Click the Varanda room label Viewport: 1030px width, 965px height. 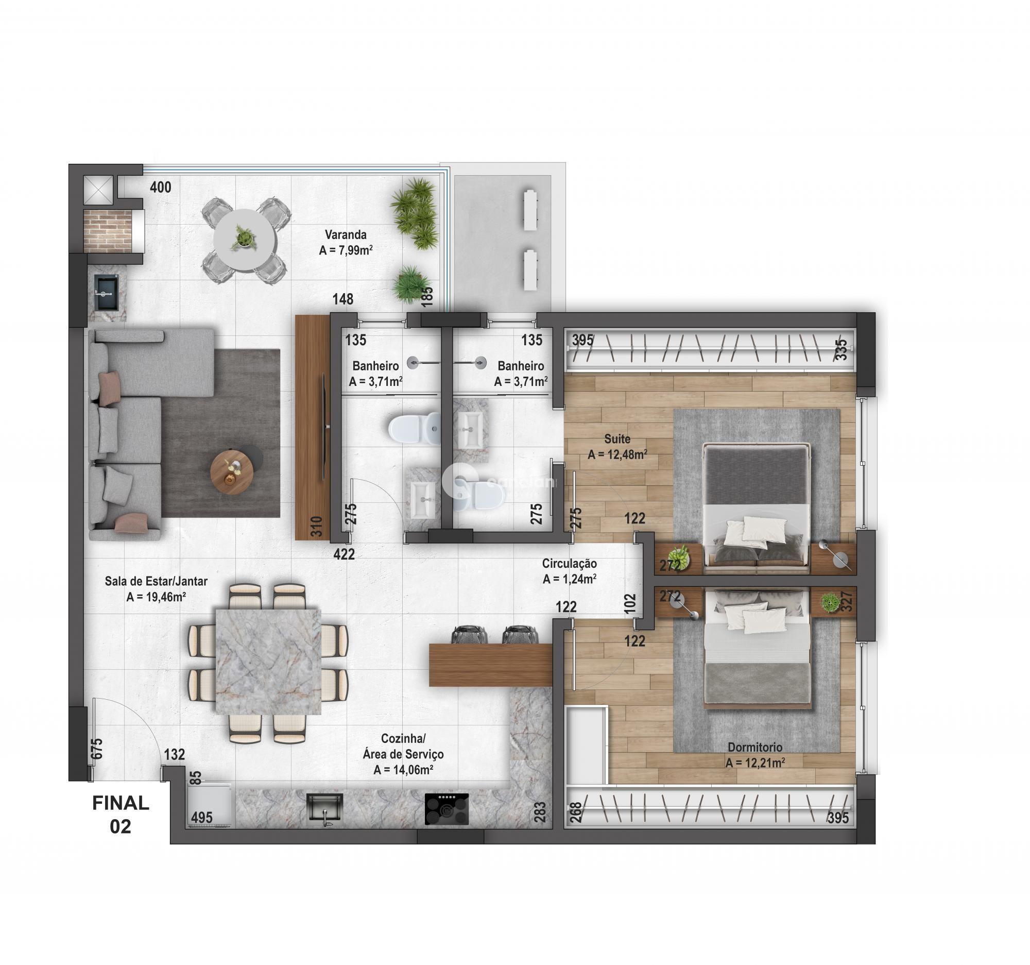pos(346,234)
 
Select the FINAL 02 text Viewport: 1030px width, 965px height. pos(121,814)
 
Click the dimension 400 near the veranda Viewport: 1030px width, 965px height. pos(161,187)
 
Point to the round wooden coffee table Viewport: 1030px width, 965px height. pos(232,472)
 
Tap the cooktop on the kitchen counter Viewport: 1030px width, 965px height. pos(447,809)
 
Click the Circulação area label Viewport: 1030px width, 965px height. pos(570,563)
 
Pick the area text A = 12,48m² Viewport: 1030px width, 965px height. pos(617,455)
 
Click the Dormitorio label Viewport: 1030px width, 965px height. pos(755,748)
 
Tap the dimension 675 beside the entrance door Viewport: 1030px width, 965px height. pos(97,749)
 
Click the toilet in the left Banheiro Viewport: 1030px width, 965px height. pos(413,429)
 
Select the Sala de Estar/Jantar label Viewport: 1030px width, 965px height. pos(156,581)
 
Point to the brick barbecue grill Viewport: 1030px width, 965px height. pos(108,231)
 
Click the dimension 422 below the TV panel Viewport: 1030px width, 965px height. pos(344,554)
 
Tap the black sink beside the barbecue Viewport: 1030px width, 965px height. pos(106,293)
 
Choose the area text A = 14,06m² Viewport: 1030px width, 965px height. pos(403,770)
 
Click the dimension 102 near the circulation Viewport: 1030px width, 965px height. pos(630,604)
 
